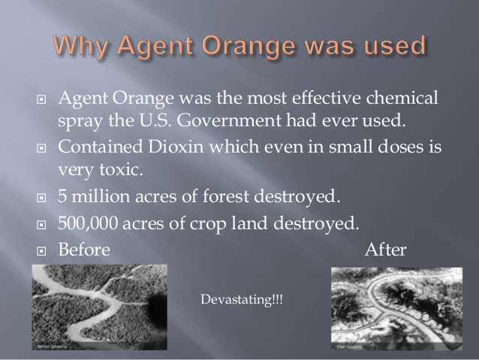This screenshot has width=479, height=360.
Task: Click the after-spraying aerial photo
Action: pos(396,308)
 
